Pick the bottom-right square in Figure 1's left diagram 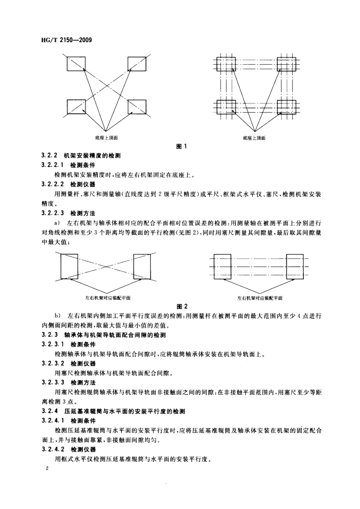(137, 107)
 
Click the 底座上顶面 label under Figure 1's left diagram (107, 137)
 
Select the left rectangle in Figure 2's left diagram (69, 267)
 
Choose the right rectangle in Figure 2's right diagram (295, 266)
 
